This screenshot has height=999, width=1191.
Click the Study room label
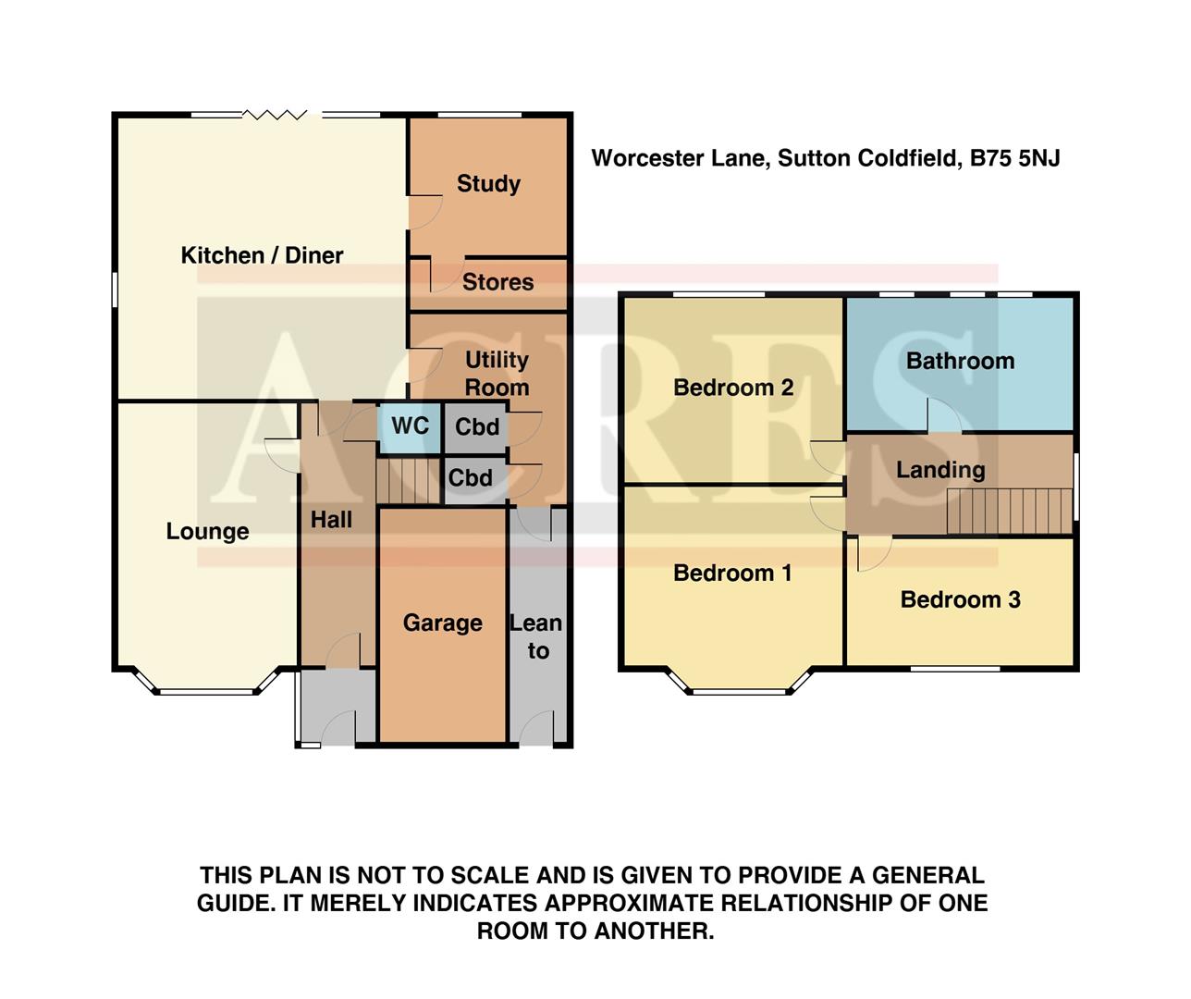488,183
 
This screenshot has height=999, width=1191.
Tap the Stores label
497,282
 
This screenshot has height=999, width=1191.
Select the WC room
410,426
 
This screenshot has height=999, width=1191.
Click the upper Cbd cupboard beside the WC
477,427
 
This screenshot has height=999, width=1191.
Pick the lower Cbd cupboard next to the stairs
471,478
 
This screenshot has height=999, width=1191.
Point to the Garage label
442,623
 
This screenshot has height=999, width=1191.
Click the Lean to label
536,636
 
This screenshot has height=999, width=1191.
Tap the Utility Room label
497,373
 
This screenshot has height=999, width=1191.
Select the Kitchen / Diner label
262,255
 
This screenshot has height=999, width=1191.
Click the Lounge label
207,532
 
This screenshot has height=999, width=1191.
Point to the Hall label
331,520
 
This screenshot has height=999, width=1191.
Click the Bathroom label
960,361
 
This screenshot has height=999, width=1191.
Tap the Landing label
940,470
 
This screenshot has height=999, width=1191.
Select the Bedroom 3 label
960,599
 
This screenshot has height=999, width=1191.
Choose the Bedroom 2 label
733,388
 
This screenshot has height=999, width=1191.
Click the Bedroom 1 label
732,573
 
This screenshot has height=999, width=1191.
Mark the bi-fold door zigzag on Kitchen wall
275,115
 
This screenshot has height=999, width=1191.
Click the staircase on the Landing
1009,512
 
